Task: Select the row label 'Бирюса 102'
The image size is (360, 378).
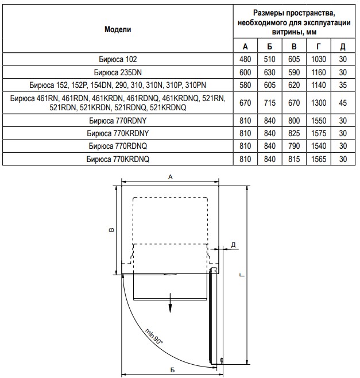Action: click(x=118, y=59)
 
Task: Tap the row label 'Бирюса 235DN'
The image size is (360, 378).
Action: click(x=118, y=73)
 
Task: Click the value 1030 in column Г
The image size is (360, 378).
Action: click(x=318, y=59)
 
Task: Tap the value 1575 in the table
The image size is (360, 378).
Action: click(x=318, y=133)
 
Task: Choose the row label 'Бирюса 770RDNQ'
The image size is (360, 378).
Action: click(x=118, y=146)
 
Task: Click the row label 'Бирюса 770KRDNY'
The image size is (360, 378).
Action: click(x=118, y=133)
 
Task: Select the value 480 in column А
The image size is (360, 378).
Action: click(x=246, y=59)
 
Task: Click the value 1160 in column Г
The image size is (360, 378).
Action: click(x=318, y=73)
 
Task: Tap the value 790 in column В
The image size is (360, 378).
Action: click(x=294, y=146)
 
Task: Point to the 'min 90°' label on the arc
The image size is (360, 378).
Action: click(x=153, y=335)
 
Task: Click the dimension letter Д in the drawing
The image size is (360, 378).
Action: click(x=233, y=245)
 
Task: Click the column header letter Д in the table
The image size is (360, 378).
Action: click(x=343, y=46)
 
